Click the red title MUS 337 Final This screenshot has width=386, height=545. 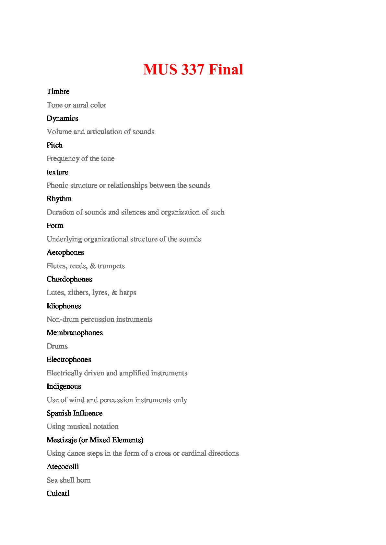point(193,70)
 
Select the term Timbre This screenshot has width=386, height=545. point(58,92)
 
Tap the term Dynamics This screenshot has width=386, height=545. point(62,118)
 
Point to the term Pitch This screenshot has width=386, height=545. point(54,145)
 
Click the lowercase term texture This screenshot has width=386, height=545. point(57,172)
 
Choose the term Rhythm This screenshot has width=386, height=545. point(59,199)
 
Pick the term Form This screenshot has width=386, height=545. point(55,226)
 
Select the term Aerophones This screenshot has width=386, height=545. point(65,252)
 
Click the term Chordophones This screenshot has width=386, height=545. point(69,279)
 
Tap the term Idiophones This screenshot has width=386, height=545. point(64,306)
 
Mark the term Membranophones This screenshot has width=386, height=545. point(75,333)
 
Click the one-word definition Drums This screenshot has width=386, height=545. point(57,346)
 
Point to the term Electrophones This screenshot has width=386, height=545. point(69,360)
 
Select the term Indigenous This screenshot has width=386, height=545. point(64,386)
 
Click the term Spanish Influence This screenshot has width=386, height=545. point(75,413)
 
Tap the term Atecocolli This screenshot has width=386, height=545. point(63,467)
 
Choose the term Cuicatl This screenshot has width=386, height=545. point(58,494)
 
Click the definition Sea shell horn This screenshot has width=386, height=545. point(69,480)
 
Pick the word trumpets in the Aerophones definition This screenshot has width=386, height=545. point(111,266)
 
